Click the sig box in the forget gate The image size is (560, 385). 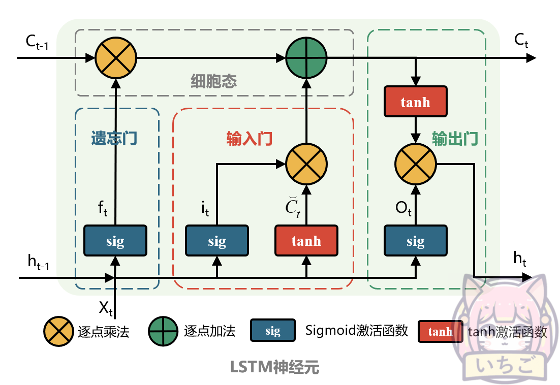click(x=115, y=241)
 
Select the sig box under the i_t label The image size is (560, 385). click(x=217, y=241)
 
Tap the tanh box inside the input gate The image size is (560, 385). click(x=306, y=241)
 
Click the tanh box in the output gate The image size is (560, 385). click(x=415, y=102)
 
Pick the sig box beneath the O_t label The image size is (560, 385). click(x=415, y=241)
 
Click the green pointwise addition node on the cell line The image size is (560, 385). click(x=306, y=58)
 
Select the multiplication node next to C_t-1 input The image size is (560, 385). click(x=116, y=58)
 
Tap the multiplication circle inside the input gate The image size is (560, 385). click(x=306, y=164)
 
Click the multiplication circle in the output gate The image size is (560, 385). click(x=415, y=164)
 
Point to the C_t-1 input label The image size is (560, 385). click(x=37, y=43)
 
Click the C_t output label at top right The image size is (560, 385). click(x=521, y=41)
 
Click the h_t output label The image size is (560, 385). click(x=519, y=260)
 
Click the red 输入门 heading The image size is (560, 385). click(x=249, y=139)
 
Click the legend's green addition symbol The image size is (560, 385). click(x=163, y=331)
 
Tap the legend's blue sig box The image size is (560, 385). click(x=272, y=331)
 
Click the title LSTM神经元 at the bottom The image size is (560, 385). click(x=274, y=367)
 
